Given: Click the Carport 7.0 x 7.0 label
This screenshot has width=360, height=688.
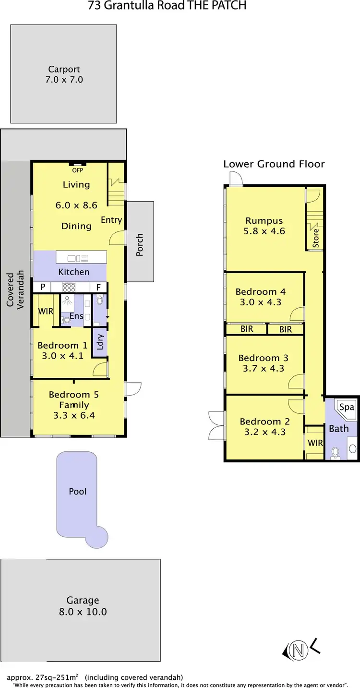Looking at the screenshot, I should point(64,74).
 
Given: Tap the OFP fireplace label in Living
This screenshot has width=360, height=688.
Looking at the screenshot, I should point(77,170).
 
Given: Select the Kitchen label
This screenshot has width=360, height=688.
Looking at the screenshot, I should point(73,272).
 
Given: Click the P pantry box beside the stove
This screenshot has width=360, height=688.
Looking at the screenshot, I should point(43,287).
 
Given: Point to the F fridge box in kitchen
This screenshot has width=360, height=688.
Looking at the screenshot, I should point(98,287).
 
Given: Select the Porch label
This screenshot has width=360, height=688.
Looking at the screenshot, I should point(140,244).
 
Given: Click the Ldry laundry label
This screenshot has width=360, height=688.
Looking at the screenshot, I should point(100,342).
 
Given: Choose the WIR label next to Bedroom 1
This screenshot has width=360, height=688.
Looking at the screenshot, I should point(46,311).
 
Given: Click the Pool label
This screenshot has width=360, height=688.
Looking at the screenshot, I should point(78,491).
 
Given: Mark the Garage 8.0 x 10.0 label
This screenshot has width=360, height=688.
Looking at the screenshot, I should point(83,606).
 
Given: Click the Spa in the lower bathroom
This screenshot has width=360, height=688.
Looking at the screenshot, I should point(347,407).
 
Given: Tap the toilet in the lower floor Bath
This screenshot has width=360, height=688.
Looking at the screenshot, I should point(336,452).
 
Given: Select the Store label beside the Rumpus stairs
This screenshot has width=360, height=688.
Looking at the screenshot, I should point(315,238).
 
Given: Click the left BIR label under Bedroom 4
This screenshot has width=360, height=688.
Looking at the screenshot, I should point(246,329).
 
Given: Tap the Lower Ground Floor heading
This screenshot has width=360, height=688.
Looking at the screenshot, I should point(274,164).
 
